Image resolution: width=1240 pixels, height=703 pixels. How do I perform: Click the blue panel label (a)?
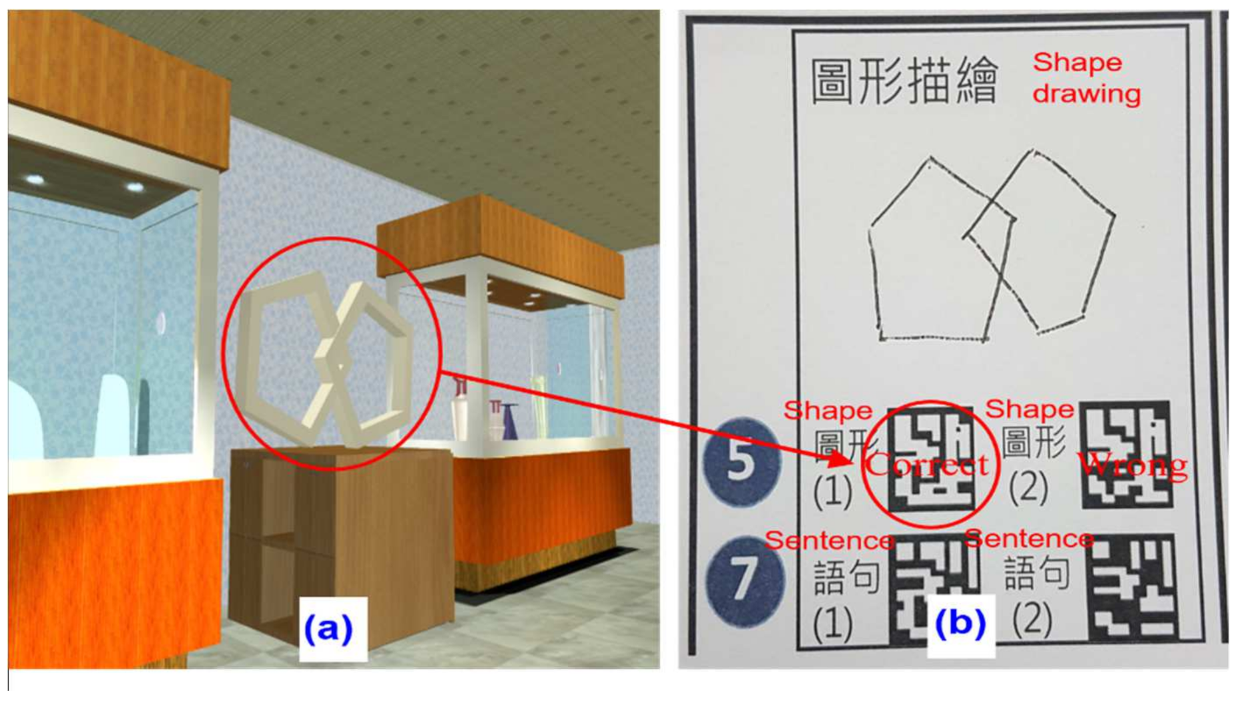pos(328,628)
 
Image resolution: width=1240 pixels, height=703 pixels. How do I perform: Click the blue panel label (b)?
pos(960,623)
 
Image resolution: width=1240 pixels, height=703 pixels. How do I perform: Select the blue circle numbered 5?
pos(741,461)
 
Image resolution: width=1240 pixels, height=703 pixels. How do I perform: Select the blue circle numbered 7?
pos(745,578)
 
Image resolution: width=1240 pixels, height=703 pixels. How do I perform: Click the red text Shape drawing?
pos(1086,78)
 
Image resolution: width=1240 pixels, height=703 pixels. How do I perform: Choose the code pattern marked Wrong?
pos(1125,454)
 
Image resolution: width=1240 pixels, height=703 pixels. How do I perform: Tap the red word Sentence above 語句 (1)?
pos(830,540)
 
